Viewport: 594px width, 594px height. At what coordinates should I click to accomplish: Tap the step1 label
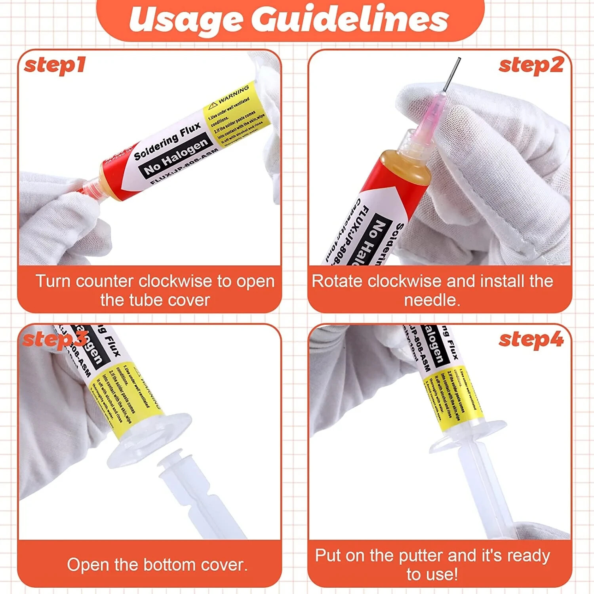pyautogui.click(x=55, y=65)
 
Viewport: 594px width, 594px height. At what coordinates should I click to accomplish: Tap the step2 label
pyautogui.click(x=531, y=65)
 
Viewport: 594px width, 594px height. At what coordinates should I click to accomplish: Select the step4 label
pyautogui.click(x=531, y=340)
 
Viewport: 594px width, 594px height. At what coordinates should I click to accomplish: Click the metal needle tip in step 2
pyautogui.click(x=453, y=73)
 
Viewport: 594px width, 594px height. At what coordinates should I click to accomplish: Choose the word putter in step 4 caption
pyautogui.click(x=421, y=556)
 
